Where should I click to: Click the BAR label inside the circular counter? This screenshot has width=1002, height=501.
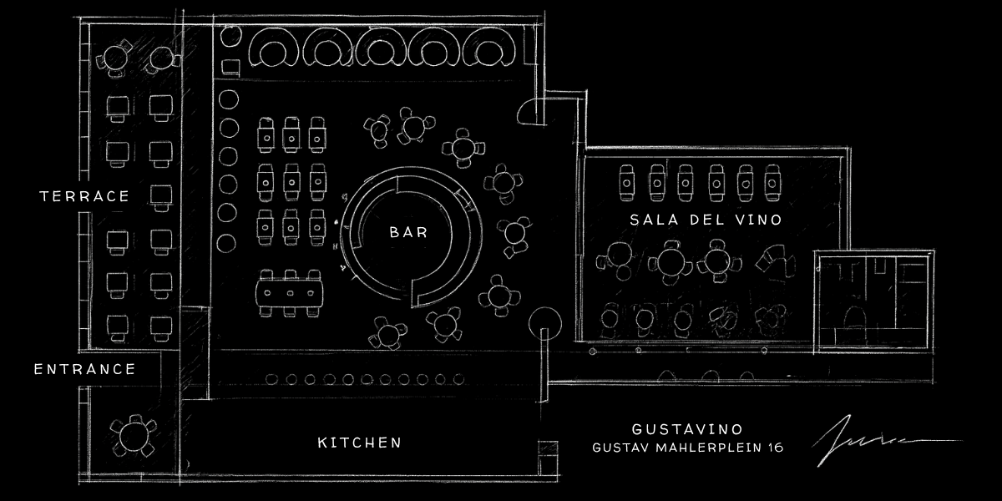click(x=408, y=232)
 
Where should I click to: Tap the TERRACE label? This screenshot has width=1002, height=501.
click(x=85, y=197)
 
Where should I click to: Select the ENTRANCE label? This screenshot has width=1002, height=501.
click(x=84, y=369)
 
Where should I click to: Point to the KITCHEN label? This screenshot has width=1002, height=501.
click(x=360, y=443)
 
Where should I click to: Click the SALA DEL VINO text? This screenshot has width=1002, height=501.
click(x=706, y=220)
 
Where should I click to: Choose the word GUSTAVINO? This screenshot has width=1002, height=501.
click(x=687, y=429)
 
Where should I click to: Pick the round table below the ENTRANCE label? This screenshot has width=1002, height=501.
click(x=133, y=436)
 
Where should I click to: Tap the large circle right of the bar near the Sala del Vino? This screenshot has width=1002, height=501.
click(x=547, y=321)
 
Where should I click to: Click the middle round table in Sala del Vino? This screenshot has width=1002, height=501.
click(x=671, y=260)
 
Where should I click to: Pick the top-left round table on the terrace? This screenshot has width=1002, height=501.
click(x=112, y=59)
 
